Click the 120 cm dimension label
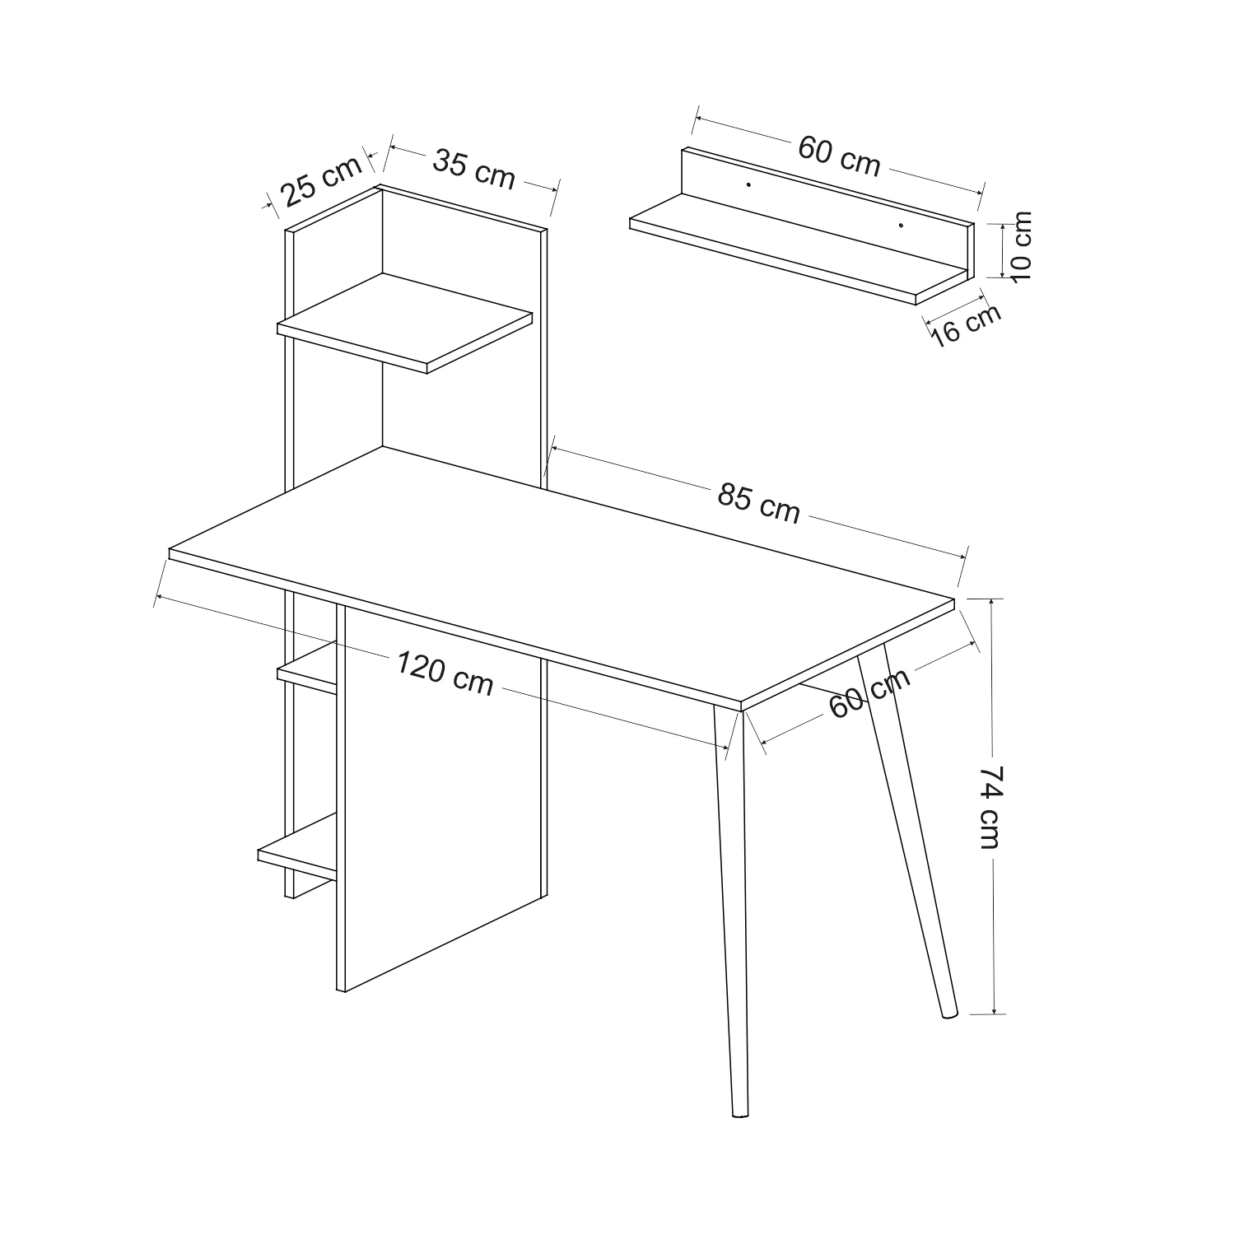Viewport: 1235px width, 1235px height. coord(445,673)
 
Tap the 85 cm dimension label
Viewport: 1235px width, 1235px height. coord(758,503)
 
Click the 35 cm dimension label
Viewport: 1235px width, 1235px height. coord(474,169)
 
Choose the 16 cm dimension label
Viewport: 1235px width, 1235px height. coord(967,324)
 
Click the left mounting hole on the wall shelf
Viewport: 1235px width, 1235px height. coord(748,184)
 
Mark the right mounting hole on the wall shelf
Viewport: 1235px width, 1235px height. coord(901,225)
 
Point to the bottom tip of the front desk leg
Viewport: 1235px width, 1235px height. coord(740,1116)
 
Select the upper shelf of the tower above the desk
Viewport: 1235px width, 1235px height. coord(405,324)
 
